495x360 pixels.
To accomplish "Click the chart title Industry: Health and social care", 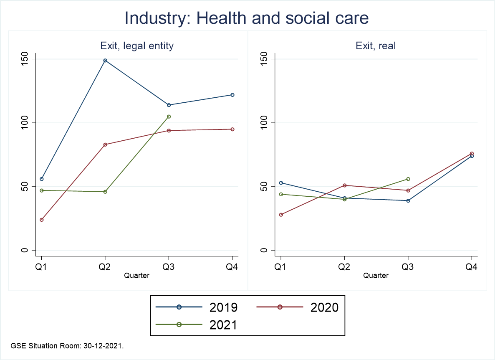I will pyautogui.click(x=247, y=18).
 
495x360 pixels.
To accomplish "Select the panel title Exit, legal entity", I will pyautogui.click(x=136, y=46).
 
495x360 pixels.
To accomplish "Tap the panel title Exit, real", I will pyautogui.click(x=376, y=46).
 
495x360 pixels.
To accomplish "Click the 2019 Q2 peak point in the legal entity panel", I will pyautogui.click(x=105, y=61).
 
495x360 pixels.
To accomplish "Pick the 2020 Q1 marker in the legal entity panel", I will pyautogui.click(x=42, y=220).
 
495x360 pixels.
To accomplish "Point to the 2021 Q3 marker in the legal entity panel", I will pyautogui.click(x=169, y=117).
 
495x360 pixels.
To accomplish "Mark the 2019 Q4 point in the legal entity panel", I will pyautogui.click(x=232, y=95).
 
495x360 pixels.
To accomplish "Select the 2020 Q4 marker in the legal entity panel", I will pyautogui.click(x=232, y=129).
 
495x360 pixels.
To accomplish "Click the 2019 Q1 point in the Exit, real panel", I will pyautogui.click(x=281, y=183).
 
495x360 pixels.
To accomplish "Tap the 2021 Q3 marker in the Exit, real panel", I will pyautogui.click(x=408, y=179).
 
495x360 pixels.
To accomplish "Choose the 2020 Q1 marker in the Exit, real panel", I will pyautogui.click(x=281, y=215).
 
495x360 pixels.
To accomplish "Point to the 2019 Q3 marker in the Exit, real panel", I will pyautogui.click(x=408, y=200).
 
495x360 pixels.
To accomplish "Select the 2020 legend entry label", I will pyautogui.click(x=324, y=307).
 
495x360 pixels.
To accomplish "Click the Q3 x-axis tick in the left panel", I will pyautogui.click(x=169, y=268).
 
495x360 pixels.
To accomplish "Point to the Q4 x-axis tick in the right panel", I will pyautogui.click(x=472, y=268).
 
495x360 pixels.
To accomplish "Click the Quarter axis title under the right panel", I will pyautogui.click(x=376, y=276).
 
